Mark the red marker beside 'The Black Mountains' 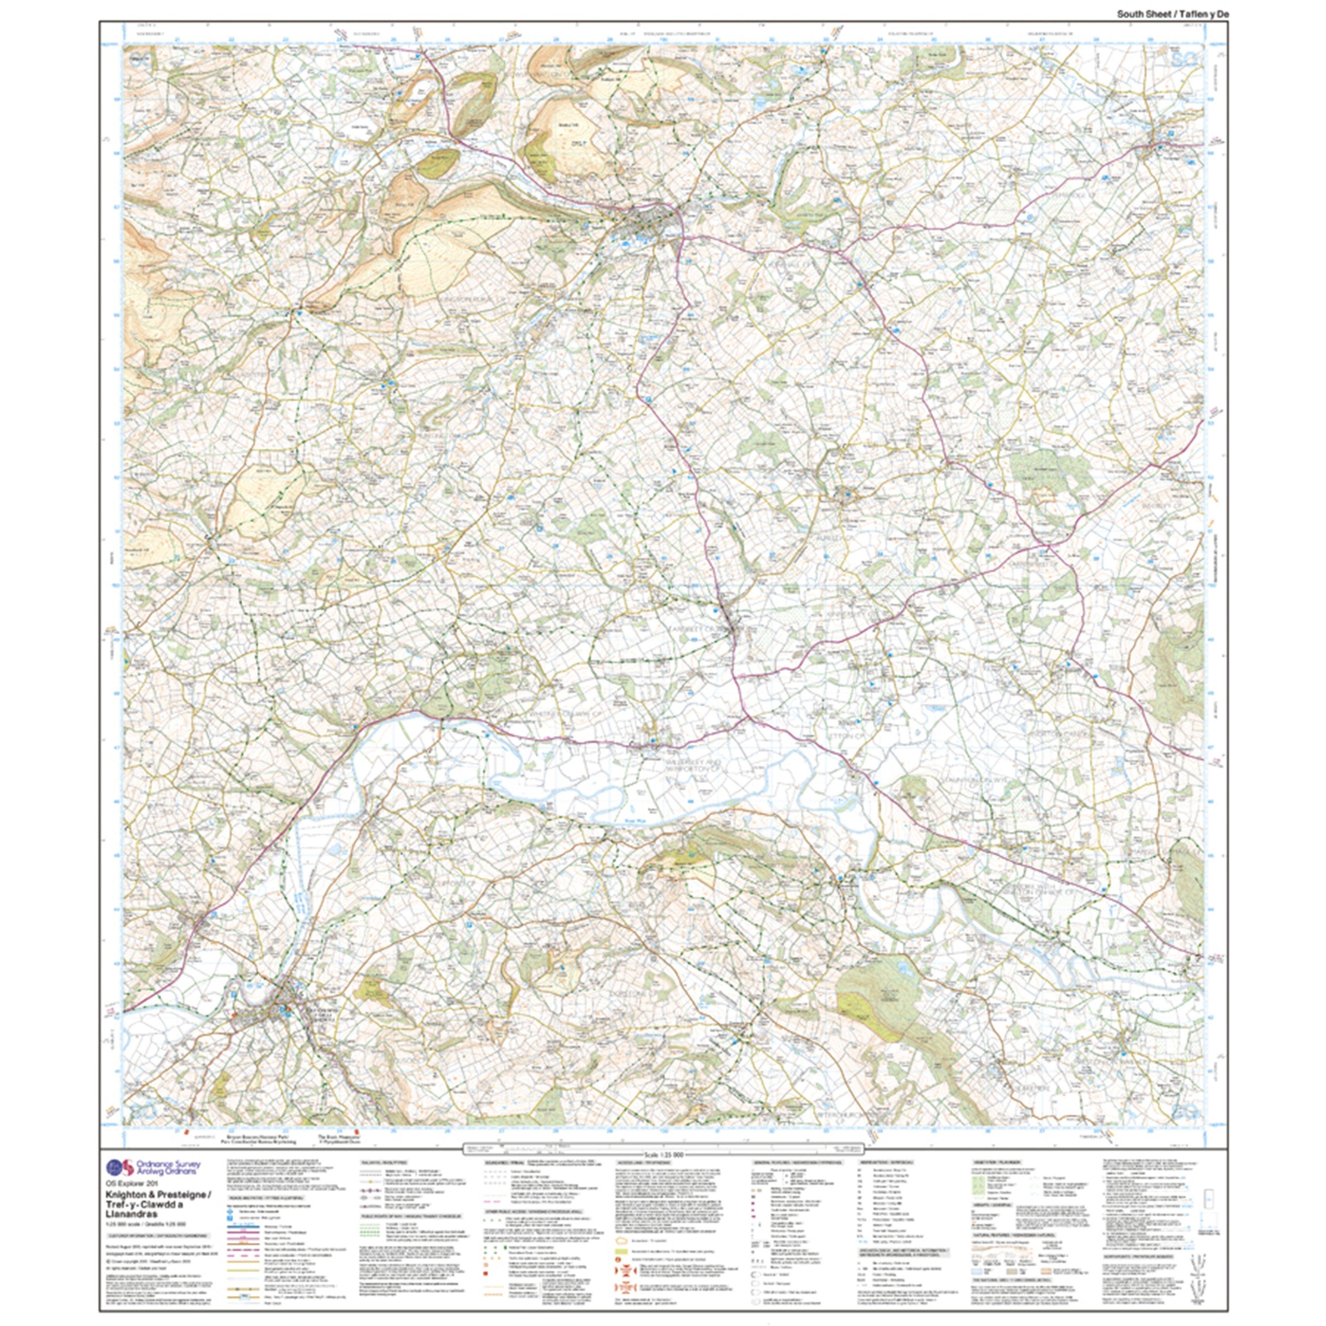click(355, 1130)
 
